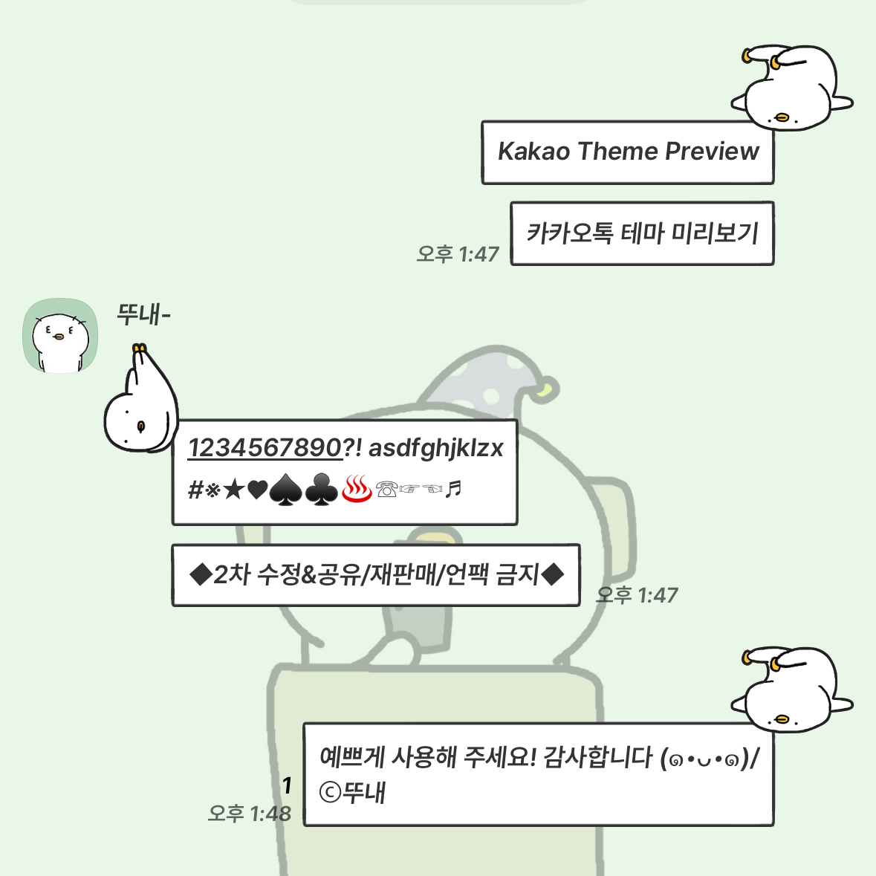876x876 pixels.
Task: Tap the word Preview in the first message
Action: (x=713, y=152)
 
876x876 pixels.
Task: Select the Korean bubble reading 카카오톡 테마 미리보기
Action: (x=642, y=233)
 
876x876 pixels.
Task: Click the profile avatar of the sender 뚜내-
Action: (x=60, y=335)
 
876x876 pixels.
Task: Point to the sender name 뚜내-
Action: (x=143, y=314)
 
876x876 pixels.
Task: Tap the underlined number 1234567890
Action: (x=265, y=448)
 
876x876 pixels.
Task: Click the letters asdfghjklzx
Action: (x=435, y=448)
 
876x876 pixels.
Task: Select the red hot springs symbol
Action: (x=357, y=490)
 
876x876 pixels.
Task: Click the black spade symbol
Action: (x=285, y=490)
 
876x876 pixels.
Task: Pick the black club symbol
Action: (x=321, y=490)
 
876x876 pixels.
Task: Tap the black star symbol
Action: (x=234, y=490)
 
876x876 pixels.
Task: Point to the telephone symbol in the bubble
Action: (x=386, y=490)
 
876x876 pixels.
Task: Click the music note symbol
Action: (x=454, y=489)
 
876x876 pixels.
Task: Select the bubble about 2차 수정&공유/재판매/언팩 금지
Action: (x=376, y=575)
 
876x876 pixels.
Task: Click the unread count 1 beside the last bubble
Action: (x=287, y=785)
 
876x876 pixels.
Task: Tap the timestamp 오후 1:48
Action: (x=250, y=814)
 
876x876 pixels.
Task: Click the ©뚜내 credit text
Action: (x=352, y=792)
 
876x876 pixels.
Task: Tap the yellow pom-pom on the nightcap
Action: (x=547, y=390)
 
